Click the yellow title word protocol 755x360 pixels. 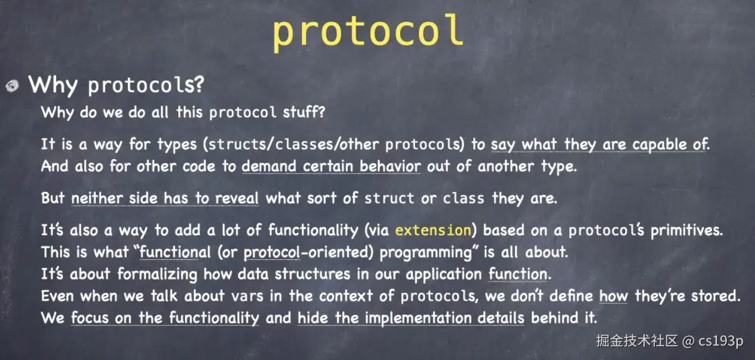click(x=368, y=32)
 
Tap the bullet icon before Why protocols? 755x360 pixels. click(x=13, y=86)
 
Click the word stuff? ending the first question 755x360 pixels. click(x=304, y=112)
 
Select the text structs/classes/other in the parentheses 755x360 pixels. click(x=294, y=144)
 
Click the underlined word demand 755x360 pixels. click(x=269, y=166)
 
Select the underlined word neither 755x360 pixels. click(x=97, y=198)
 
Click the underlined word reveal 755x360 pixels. click(x=237, y=198)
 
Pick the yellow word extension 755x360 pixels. click(x=433, y=230)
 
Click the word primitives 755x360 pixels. click(x=687, y=231)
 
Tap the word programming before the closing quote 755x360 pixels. click(x=426, y=253)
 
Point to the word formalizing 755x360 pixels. click(x=157, y=274)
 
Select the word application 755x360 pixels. click(x=444, y=275)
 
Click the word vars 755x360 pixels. click(x=247, y=297)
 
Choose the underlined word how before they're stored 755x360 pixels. click(x=614, y=296)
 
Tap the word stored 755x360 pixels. click(x=715, y=296)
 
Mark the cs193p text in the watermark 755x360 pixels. click(x=721, y=341)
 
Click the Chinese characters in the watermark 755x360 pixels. click(x=637, y=341)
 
